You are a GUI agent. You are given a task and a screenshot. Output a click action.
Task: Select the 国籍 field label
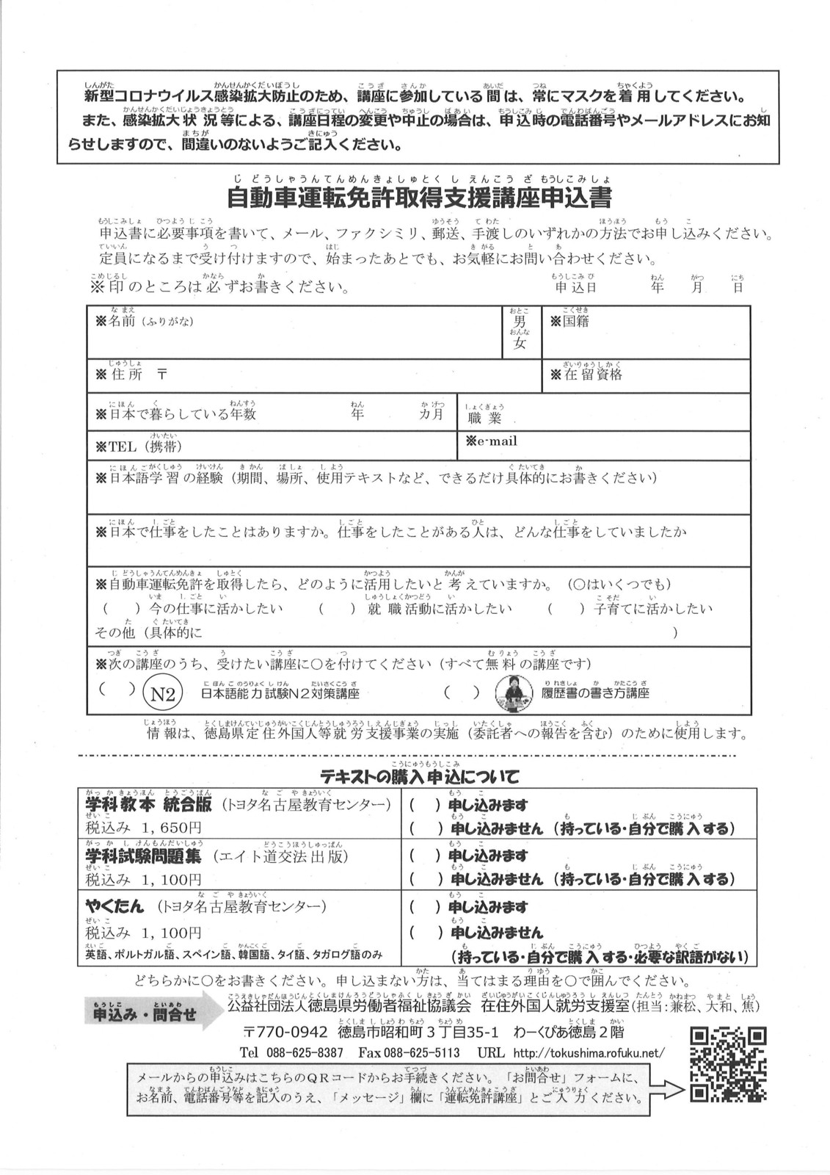pos(569,322)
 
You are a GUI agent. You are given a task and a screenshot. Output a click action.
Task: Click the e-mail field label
pos(491,441)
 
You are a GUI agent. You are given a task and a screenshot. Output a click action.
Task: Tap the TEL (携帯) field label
pos(135,446)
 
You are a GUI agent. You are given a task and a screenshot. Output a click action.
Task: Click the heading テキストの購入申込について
pos(419,775)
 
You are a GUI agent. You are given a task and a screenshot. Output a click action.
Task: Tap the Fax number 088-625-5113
pos(409,1052)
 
